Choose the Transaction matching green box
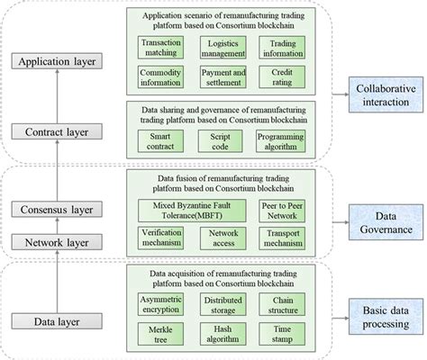tap(161, 47)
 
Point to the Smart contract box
tap(161, 142)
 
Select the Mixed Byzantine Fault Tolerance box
tap(190, 210)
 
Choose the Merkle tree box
tap(161, 335)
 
